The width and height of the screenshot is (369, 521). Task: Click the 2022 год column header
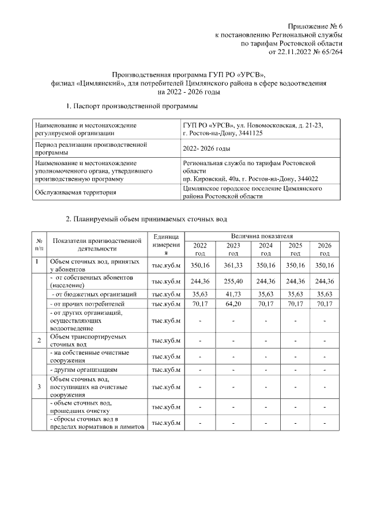pos(199,249)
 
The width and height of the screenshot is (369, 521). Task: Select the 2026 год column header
pos(325,249)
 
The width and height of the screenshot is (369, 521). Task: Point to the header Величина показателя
pos(262,236)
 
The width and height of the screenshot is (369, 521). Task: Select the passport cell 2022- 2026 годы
pos(206,149)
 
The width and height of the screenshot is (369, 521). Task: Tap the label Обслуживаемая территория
pos(72,193)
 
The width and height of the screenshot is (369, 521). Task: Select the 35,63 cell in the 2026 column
pos(325,294)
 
